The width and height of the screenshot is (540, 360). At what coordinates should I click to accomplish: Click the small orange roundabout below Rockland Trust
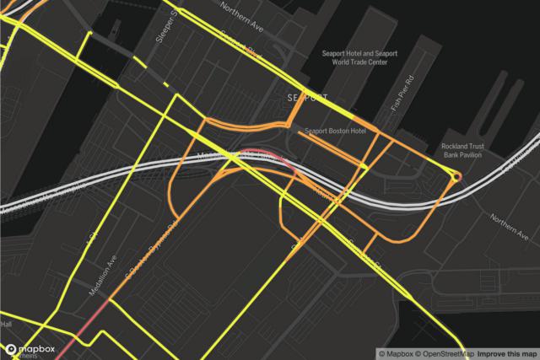pos(456,177)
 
